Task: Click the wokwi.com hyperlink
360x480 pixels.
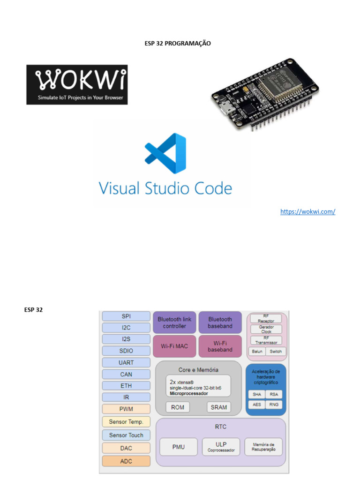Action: pyautogui.click(x=307, y=211)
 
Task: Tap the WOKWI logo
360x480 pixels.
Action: pyautogui.click(x=77, y=84)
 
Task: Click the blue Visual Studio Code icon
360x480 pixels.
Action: pyautogui.click(x=165, y=154)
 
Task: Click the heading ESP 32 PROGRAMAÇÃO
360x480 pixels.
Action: pyautogui.click(x=178, y=43)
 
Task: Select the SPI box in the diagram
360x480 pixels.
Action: pyautogui.click(x=126, y=316)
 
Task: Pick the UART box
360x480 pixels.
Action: pyautogui.click(x=126, y=362)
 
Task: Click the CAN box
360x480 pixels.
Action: pyautogui.click(x=126, y=374)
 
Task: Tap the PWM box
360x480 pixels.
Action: pyautogui.click(x=126, y=409)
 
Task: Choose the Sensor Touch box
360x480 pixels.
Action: pyautogui.click(x=126, y=435)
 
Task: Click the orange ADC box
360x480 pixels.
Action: pyautogui.click(x=126, y=461)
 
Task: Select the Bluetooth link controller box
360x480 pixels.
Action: pyautogui.click(x=174, y=322)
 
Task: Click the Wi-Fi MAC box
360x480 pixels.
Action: pyautogui.click(x=174, y=346)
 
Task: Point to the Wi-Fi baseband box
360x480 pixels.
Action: pyautogui.click(x=220, y=346)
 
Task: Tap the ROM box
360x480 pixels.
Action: pyautogui.click(x=178, y=407)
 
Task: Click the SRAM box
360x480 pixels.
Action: pyautogui.click(x=218, y=407)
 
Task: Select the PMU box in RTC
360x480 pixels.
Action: pyautogui.click(x=178, y=447)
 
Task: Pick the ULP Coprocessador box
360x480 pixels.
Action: pyautogui.click(x=221, y=447)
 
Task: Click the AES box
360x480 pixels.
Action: pyautogui.click(x=257, y=404)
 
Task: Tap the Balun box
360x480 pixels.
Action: pyautogui.click(x=257, y=351)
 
